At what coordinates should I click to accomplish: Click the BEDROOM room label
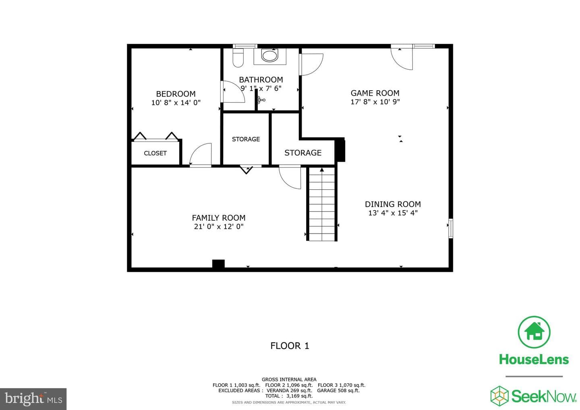coord(176,94)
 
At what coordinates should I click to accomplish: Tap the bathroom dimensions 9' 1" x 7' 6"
coord(261,89)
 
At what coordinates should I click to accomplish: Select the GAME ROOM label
coord(375,93)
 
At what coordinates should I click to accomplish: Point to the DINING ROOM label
coord(393,204)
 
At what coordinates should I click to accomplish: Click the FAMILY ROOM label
coord(219,218)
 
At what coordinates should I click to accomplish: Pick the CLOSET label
coord(155,153)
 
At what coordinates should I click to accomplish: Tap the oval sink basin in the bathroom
coord(269,56)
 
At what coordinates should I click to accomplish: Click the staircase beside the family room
coord(322,204)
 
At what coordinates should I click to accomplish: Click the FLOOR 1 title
coord(290,346)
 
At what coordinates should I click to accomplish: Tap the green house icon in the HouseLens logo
coord(534,332)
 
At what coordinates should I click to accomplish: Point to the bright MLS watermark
coord(33,399)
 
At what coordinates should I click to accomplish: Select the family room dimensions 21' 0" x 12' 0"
coord(219,227)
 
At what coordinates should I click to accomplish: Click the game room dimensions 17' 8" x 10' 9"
coord(375,102)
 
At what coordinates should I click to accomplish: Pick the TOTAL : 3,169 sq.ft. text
coord(289,396)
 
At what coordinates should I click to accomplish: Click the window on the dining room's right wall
coord(451,228)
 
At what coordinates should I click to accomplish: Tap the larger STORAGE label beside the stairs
coord(303,153)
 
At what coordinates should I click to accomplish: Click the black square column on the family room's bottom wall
coord(218,264)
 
